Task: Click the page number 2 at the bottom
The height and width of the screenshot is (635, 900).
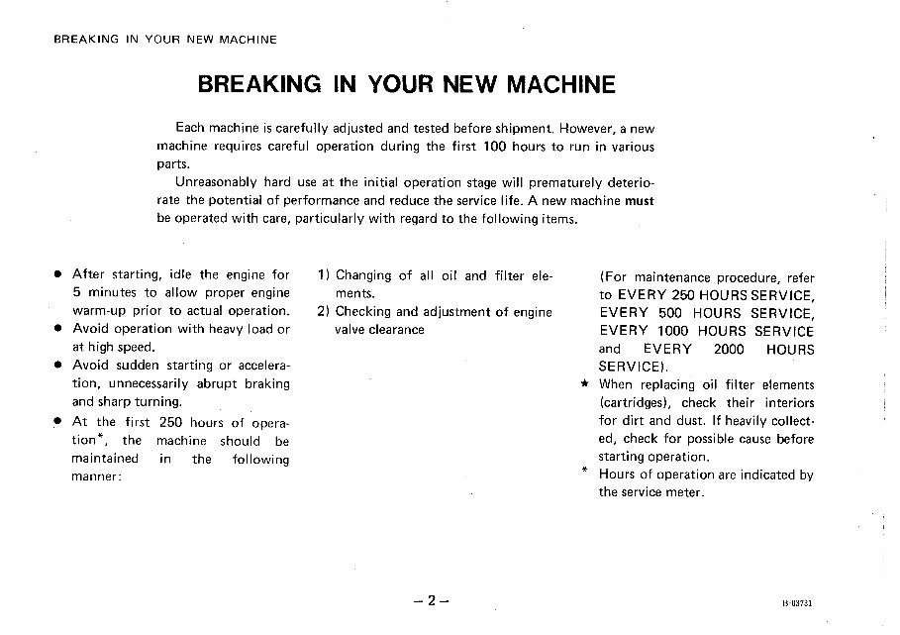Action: [x=432, y=600]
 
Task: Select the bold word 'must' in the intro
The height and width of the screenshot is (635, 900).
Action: [x=640, y=200]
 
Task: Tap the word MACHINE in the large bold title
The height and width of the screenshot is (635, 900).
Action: [x=560, y=85]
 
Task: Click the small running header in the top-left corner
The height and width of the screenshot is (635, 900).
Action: [x=164, y=40]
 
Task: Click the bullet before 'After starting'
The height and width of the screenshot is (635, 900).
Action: [x=59, y=275]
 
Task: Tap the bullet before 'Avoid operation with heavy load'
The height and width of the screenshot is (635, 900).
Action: [x=59, y=330]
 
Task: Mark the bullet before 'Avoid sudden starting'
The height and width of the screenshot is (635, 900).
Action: [x=59, y=366]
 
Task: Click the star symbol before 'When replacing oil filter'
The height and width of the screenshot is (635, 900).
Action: [x=585, y=384]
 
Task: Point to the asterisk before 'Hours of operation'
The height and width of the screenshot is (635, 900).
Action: [x=585, y=472]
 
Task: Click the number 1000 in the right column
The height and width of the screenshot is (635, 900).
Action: [x=669, y=331]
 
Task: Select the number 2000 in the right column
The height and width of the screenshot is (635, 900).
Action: [x=729, y=349]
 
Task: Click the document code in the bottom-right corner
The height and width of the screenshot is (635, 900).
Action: [x=809, y=602]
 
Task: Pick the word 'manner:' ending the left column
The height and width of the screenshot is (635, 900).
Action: [x=97, y=476]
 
